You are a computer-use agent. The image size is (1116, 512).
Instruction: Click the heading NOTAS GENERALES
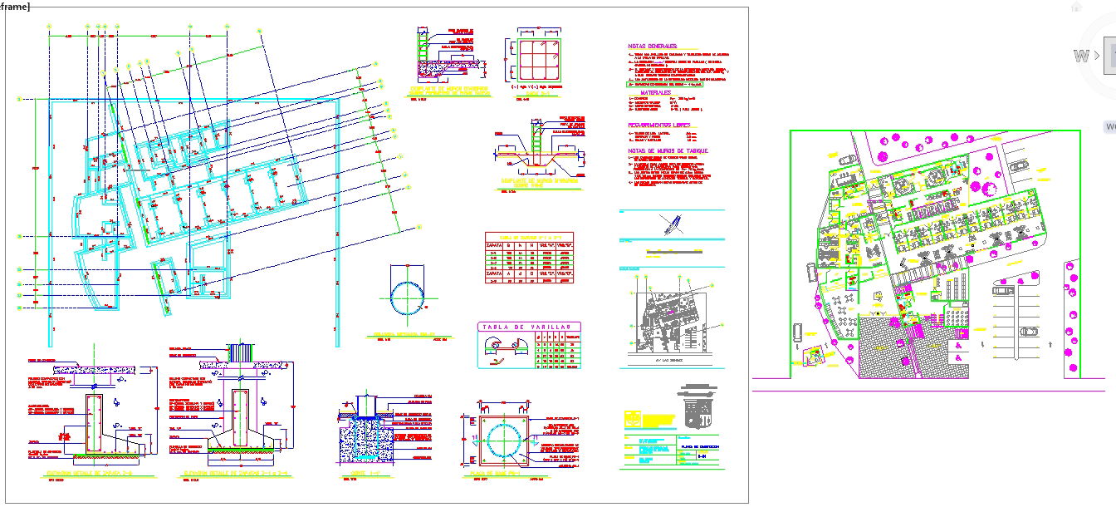pyautogui.click(x=653, y=46)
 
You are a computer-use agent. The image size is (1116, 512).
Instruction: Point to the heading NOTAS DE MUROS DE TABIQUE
pyautogui.click(x=668, y=150)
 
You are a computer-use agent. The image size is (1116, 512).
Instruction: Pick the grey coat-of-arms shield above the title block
pyautogui.click(x=695, y=405)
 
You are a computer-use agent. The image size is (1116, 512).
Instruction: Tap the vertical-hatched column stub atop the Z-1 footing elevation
pyautogui.click(x=239, y=353)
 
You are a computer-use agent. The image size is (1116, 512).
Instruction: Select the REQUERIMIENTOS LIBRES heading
pyautogui.click(x=658, y=125)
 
